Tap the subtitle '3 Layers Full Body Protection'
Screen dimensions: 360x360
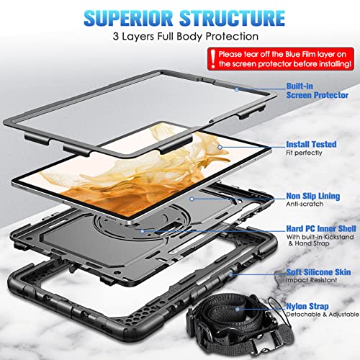(180, 36)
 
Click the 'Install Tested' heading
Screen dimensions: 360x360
(310, 144)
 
